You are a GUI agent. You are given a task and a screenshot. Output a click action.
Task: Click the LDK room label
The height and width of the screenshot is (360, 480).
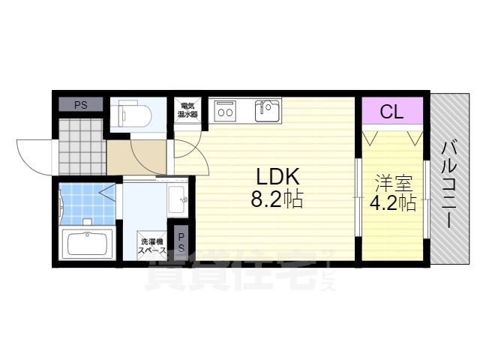pos(277,177)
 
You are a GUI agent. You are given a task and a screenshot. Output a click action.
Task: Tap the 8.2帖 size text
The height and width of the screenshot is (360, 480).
pos(277,199)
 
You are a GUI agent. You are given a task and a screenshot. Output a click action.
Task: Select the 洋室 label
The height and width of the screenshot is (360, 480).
pos(393,184)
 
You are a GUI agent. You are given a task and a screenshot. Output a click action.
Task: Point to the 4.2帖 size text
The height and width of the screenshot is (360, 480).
pos(393,202)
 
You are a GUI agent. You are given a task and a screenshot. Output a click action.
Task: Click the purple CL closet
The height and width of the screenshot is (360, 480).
pos(392,110)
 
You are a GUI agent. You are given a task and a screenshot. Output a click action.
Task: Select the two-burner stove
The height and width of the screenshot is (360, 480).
pos(225,111)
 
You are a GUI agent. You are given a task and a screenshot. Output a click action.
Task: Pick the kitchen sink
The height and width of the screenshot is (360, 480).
pos(267,111)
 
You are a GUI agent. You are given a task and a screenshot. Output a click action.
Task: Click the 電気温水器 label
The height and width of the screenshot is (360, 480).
pos(187,110)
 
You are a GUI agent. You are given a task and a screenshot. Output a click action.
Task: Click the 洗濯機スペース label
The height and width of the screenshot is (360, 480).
pos(152,246)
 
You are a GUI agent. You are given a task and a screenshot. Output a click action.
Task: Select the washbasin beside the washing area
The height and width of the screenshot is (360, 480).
pos(178,199)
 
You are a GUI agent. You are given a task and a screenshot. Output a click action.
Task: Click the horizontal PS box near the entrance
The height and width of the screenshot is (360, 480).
pos(81,104)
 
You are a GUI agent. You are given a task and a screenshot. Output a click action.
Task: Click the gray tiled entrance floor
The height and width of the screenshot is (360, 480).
pos(81,146)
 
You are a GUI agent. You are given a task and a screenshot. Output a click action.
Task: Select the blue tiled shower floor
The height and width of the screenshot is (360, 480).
pos(87,203)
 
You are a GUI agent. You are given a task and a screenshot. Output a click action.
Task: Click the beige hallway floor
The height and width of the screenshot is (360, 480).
pos(136,157)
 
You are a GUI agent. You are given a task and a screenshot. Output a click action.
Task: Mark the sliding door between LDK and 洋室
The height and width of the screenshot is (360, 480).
pos(358,197)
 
